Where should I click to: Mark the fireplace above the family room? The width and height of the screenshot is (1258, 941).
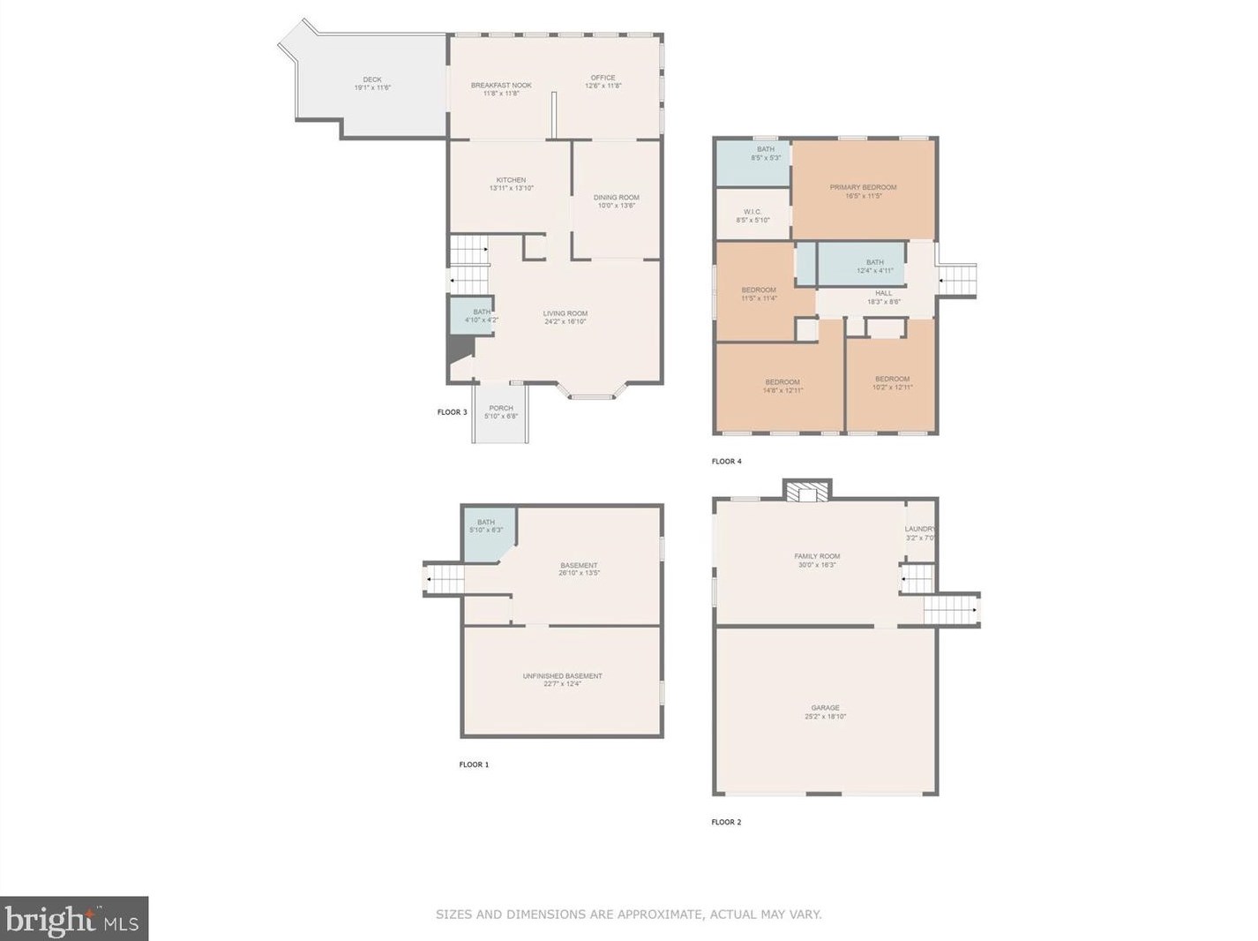point(807,491)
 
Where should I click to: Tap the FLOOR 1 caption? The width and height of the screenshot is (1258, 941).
point(474,764)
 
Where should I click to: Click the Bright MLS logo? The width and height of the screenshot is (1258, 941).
point(74,920)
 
